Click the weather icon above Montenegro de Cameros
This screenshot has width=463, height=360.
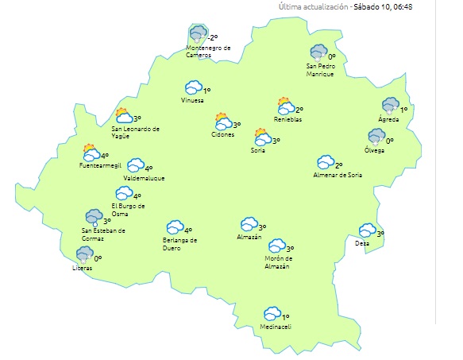pyautogui.click(x=198, y=35)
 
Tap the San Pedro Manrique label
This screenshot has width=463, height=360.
pyautogui.click(x=320, y=70)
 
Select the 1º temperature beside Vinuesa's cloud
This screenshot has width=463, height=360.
pyautogui.click(x=206, y=91)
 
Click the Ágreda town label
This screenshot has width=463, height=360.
pyautogui.click(x=388, y=119)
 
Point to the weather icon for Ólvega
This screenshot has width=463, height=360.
pyautogui.click(x=376, y=137)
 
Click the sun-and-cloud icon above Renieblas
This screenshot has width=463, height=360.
pyautogui.click(x=286, y=106)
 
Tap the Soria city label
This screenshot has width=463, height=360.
pyautogui.click(x=257, y=149)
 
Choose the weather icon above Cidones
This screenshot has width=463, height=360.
pyautogui.click(x=223, y=122)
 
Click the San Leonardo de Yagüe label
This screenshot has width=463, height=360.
pyautogui.click(x=135, y=132)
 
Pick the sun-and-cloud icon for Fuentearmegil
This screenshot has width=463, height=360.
pyautogui.click(x=91, y=153)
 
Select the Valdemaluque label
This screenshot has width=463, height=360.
pyautogui.click(x=144, y=178)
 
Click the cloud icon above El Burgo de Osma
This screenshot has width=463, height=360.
pyautogui.click(x=124, y=193)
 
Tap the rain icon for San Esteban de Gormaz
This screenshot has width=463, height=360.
pyautogui.click(x=94, y=217)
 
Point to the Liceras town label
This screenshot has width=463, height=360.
pyautogui.click(x=82, y=268)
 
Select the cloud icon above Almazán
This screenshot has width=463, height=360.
pyautogui.click(x=249, y=224)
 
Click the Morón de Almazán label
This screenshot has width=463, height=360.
pyautogui.click(x=277, y=261)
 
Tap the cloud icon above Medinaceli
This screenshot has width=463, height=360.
pyautogui.click(x=272, y=314)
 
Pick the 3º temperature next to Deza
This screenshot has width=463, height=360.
pyautogui.click(x=380, y=234)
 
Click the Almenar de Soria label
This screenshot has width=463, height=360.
pyautogui.click(x=338, y=175)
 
